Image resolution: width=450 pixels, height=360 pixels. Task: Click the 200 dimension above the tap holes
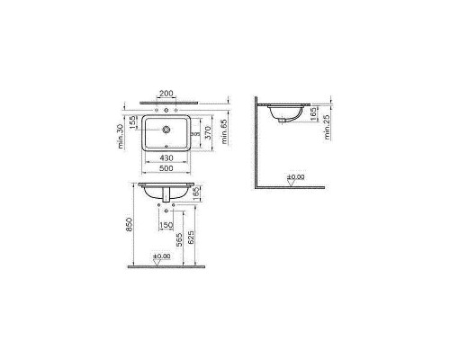pyautogui.click(x=166, y=93)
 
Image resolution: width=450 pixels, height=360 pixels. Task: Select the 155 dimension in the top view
pyautogui.click(x=133, y=121)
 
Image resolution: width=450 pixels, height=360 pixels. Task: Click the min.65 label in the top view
pyautogui.click(x=225, y=135)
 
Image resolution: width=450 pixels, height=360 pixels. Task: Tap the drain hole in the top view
pyautogui.click(x=166, y=128)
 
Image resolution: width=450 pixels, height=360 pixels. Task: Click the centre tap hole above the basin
pyautogui.click(x=166, y=108)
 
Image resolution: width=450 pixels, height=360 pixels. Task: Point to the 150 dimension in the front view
pyautogui.click(x=166, y=225)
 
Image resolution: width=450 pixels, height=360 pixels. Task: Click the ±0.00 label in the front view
pyautogui.click(x=162, y=257)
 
